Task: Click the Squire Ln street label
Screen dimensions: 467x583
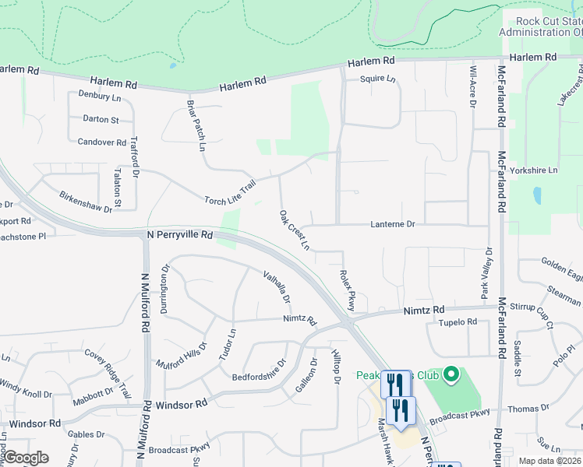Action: [x=378, y=79]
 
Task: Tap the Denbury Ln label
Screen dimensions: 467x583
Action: [x=100, y=97]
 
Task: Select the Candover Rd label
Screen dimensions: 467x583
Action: [x=102, y=142]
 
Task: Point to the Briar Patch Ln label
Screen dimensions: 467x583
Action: [x=196, y=125]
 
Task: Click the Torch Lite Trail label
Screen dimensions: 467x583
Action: [x=230, y=192]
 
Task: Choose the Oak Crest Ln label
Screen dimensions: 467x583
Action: [x=295, y=230]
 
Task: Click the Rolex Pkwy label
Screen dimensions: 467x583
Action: [x=347, y=290]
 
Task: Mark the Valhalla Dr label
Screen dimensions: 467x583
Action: [x=277, y=286]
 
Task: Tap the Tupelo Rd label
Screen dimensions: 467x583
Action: [x=457, y=321]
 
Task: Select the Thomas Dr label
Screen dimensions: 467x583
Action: [x=528, y=408]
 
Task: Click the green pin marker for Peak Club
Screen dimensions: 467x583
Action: [x=450, y=377]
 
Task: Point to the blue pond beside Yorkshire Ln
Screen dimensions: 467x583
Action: [x=535, y=195]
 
